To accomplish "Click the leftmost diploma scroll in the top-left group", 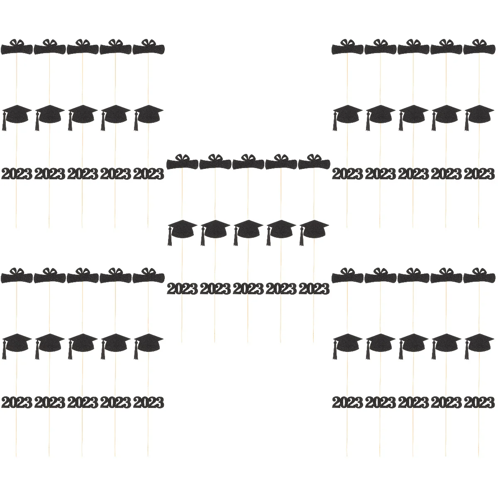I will (x=17, y=48).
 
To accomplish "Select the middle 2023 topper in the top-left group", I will (x=83, y=174).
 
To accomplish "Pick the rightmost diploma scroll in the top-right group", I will (x=480, y=48).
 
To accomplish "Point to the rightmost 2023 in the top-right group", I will (x=480, y=174).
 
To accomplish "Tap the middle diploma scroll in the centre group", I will (x=248, y=163).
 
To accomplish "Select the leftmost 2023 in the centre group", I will (x=182, y=288).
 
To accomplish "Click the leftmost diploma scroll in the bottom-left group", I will (x=17, y=277).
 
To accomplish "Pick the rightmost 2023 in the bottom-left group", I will (x=149, y=403).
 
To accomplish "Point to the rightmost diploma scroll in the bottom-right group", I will (x=480, y=277).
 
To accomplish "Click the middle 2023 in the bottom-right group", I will (x=414, y=403).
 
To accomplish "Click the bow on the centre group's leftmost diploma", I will (x=182, y=157).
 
